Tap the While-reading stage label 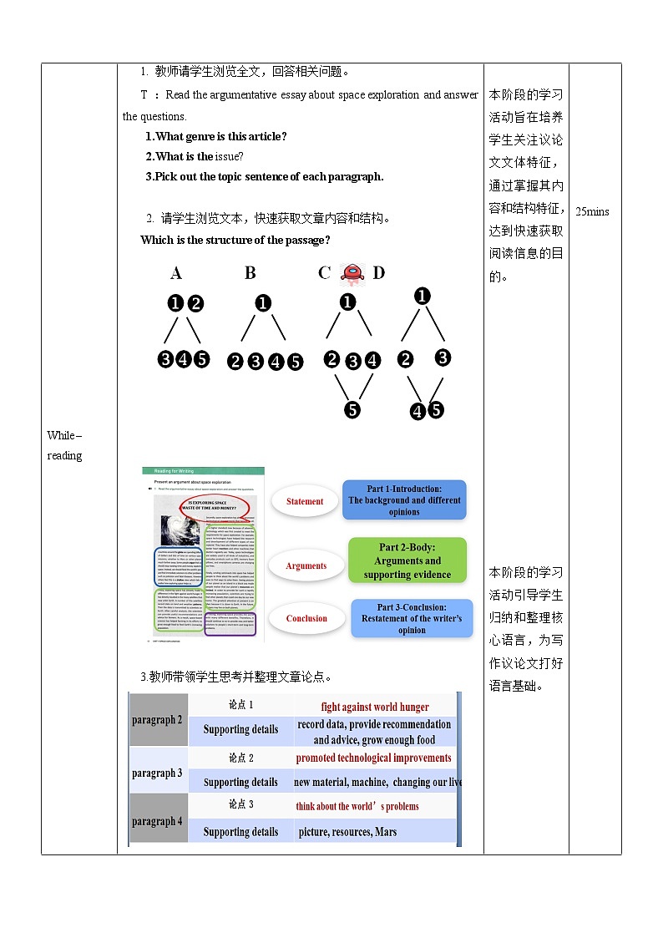click(64, 445)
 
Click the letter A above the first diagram click(175, 273)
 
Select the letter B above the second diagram click(251, 273)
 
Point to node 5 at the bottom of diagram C click(352, 409)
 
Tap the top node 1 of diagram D click(423, 296)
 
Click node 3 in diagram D click(443, 357)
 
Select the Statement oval click(305, 501)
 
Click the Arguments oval click(306, 565)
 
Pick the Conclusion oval click(306, 618)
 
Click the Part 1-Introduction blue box click(404, 500)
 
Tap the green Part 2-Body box click(407, 561)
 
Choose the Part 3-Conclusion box click(412, 618)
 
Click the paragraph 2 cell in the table click(157, 720)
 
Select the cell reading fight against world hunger click(375, 707)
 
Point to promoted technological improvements click(373, 758)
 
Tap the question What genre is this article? click(216, 136)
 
